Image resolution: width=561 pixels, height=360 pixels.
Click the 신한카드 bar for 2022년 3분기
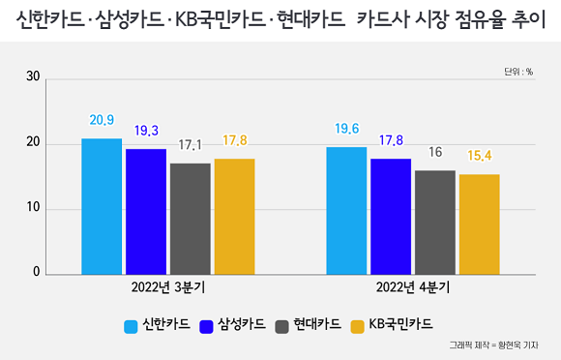click(102, 206)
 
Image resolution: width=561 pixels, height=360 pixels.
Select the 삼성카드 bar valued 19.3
click(146, 211)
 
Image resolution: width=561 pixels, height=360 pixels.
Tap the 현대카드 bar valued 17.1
click(190, 218)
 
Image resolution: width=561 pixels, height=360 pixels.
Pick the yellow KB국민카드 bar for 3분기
click(234, 216)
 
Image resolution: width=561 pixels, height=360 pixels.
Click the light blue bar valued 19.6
click(346, 210)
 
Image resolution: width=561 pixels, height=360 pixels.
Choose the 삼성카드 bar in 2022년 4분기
click(391, 216)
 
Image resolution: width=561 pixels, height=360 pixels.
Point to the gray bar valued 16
click(435, 222)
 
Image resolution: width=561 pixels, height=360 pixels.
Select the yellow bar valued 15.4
click(479, 224)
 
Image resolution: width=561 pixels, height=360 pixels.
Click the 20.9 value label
click(102, 121)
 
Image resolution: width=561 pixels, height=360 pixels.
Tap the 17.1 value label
click(191, 146)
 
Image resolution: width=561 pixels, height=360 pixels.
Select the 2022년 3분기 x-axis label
click(167, 287)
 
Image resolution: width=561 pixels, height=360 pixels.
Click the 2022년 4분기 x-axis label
click(413, 287)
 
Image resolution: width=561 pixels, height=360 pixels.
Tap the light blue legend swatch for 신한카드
click(131, 324)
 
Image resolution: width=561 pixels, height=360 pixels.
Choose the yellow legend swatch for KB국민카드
click(358, 324)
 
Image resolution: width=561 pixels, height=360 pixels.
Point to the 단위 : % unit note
click(518, 72)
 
